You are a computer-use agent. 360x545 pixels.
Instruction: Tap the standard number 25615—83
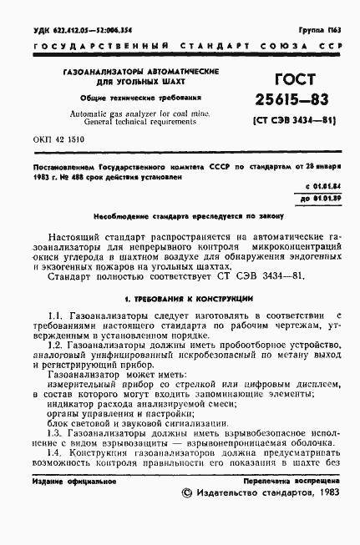click(x=276, y=103)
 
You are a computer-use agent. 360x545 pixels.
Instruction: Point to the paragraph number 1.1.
click(x=55, y=313)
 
